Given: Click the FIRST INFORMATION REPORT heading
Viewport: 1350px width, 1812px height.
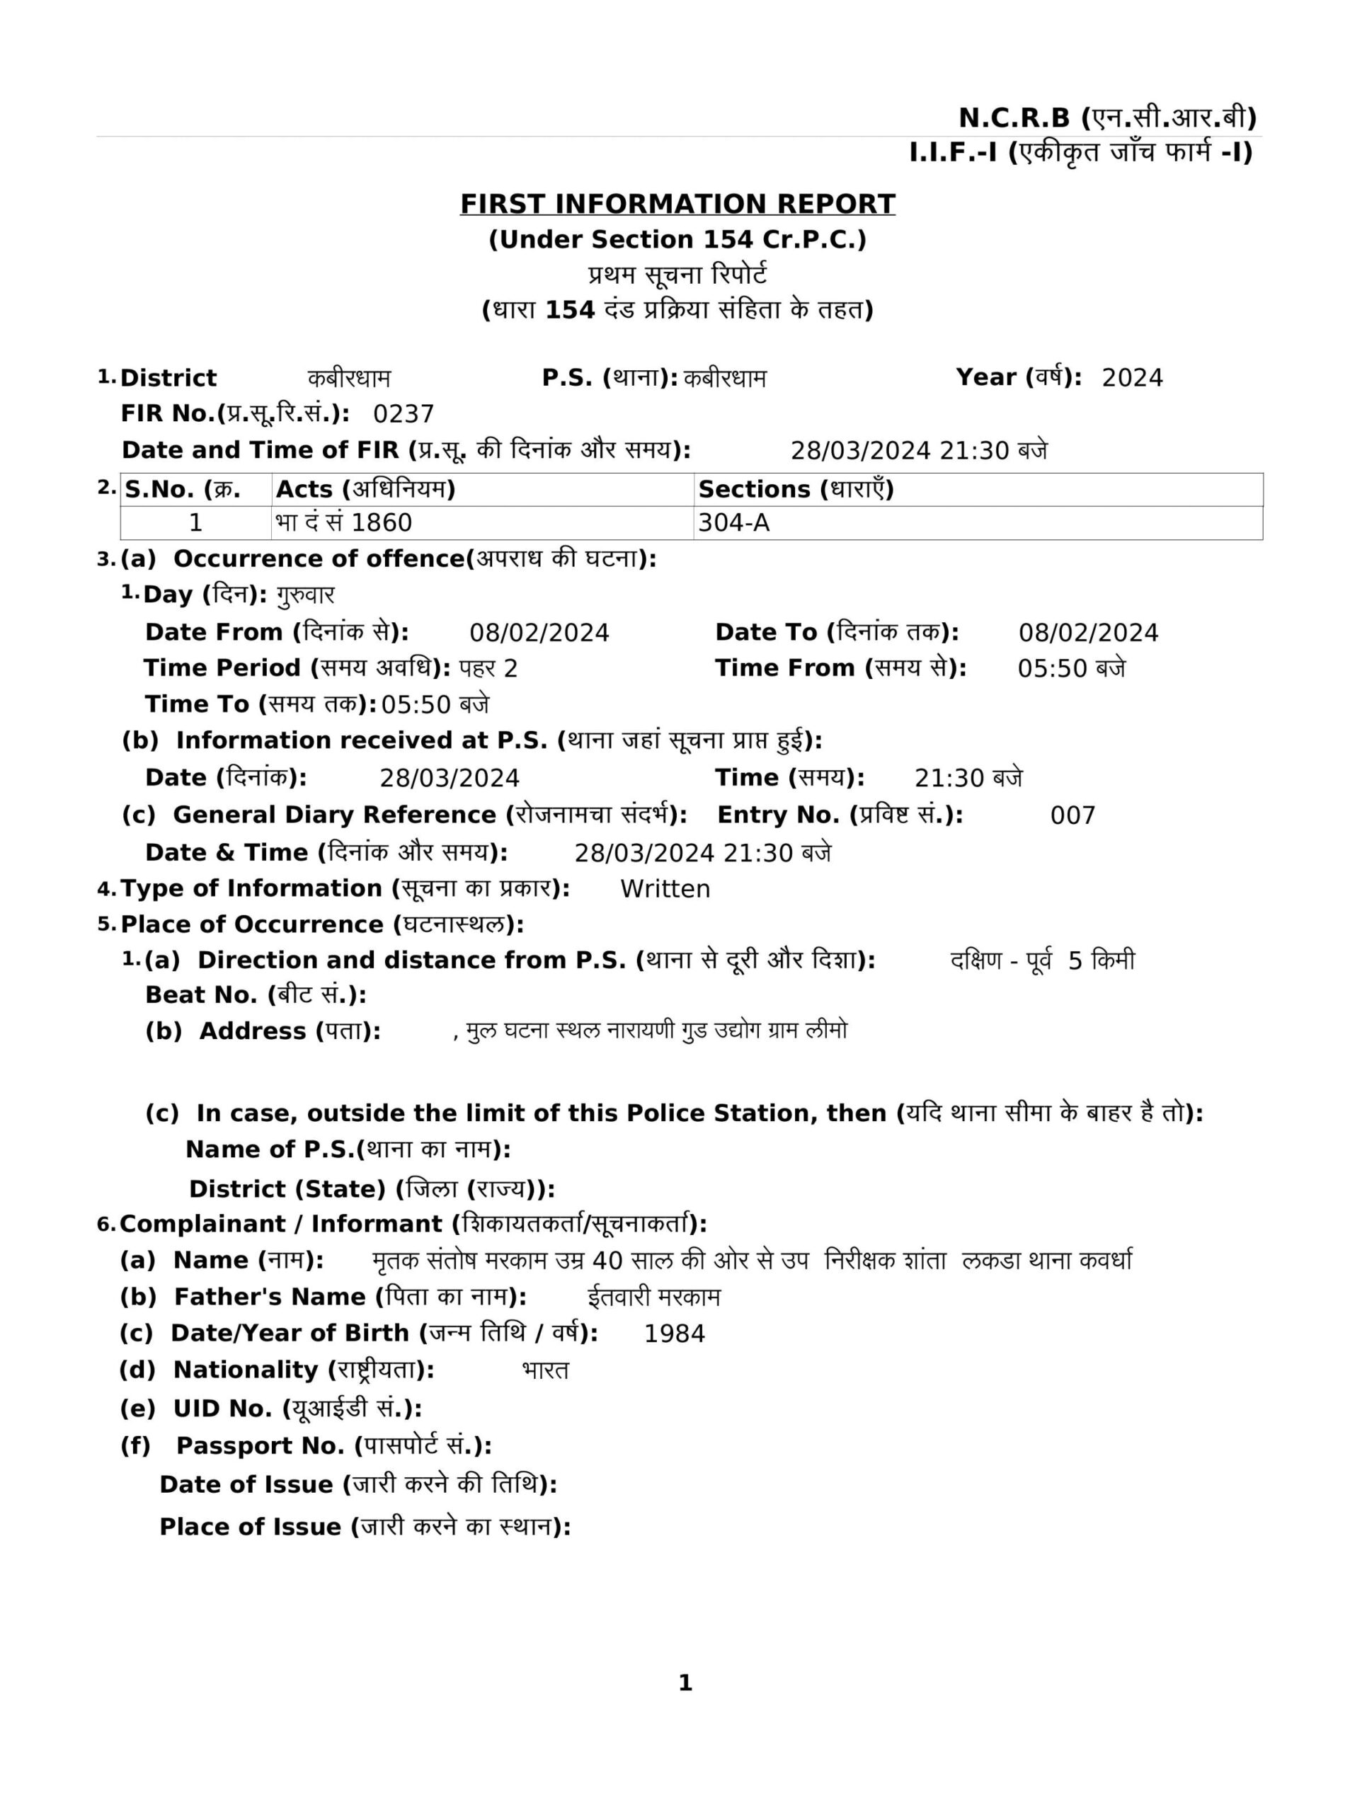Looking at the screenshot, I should pyautogui.click(x=677, y=203).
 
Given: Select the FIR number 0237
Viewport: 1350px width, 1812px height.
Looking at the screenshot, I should pyautogui.click(x=404, y=414).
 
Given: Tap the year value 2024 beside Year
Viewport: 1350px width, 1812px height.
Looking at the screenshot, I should pyautogui.click(x=1132, y=377).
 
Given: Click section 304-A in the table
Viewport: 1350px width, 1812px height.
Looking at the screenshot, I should pyautogui.click(x=734, y=523).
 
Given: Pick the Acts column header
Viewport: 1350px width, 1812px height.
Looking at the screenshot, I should pyautogui.click(x=365, y=489).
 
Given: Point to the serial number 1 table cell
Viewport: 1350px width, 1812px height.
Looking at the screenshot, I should pyautogui.click(x=195, y=523).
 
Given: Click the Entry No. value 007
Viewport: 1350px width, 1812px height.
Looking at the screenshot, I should pyautogui.click(x=1072, y=815).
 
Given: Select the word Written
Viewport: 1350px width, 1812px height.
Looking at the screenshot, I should pyautogui.click(x=665, y=889).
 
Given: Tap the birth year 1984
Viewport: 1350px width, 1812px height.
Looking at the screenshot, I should pyautogui.click(x=674, y=1334).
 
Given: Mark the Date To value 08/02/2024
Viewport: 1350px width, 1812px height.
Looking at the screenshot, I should pyautogui.click(x=1087, y=632).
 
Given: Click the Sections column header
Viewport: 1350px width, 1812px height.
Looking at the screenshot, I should pyautogui.click(x=796, y=489).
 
